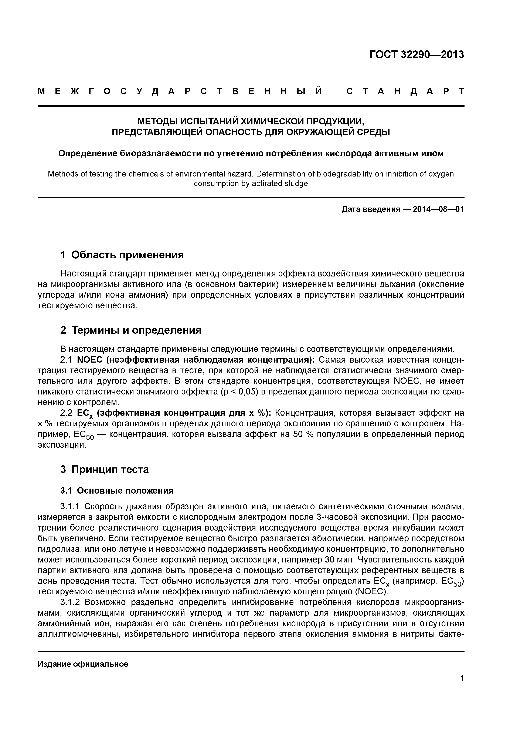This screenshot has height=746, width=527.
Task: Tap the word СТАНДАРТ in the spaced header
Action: [405, 91]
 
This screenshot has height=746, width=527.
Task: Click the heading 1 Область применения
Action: [122, 255]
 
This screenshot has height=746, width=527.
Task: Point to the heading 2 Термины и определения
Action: [131, 330]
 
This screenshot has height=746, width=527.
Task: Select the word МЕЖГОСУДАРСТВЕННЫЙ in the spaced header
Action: [180, 91]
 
